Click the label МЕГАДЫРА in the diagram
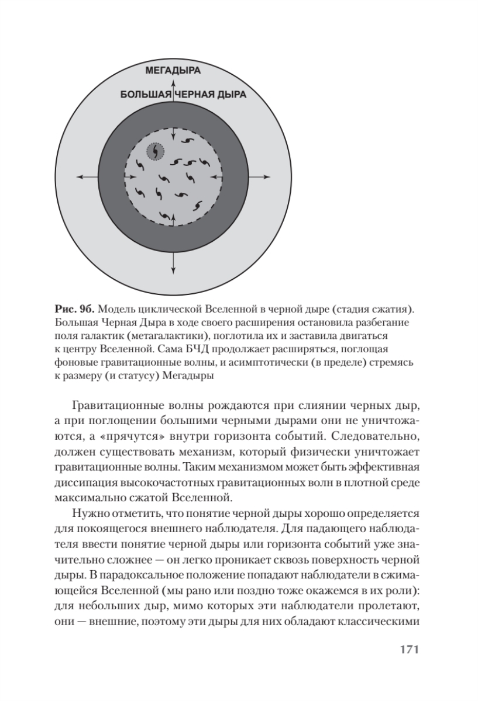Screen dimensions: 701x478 coord(173,71)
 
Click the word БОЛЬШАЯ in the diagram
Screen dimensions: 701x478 coord(145,94)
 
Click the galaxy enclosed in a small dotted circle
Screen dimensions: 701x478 coord(156,151)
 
